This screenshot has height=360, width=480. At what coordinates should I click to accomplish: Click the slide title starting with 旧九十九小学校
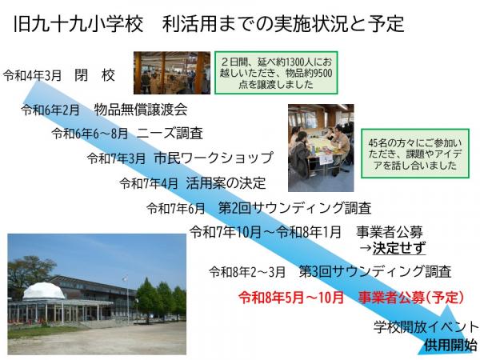point(209,22)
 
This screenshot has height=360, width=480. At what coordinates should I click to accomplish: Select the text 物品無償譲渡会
point(140,110)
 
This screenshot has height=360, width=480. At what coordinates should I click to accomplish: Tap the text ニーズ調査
point(170,133)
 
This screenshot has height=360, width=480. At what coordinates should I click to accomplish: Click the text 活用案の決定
point(226,183)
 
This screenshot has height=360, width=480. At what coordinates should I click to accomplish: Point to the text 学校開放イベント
point(426,326)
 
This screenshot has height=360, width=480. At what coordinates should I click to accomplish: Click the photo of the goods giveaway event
point(171,73)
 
